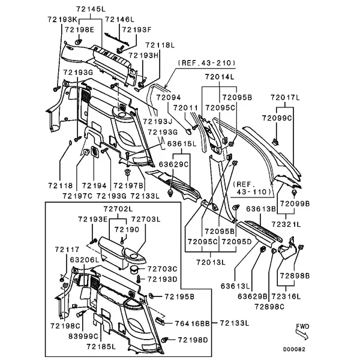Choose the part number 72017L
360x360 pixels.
[x=283, y=97]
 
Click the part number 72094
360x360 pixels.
[x=168, y=97]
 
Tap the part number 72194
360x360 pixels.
[x=94, y=186]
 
